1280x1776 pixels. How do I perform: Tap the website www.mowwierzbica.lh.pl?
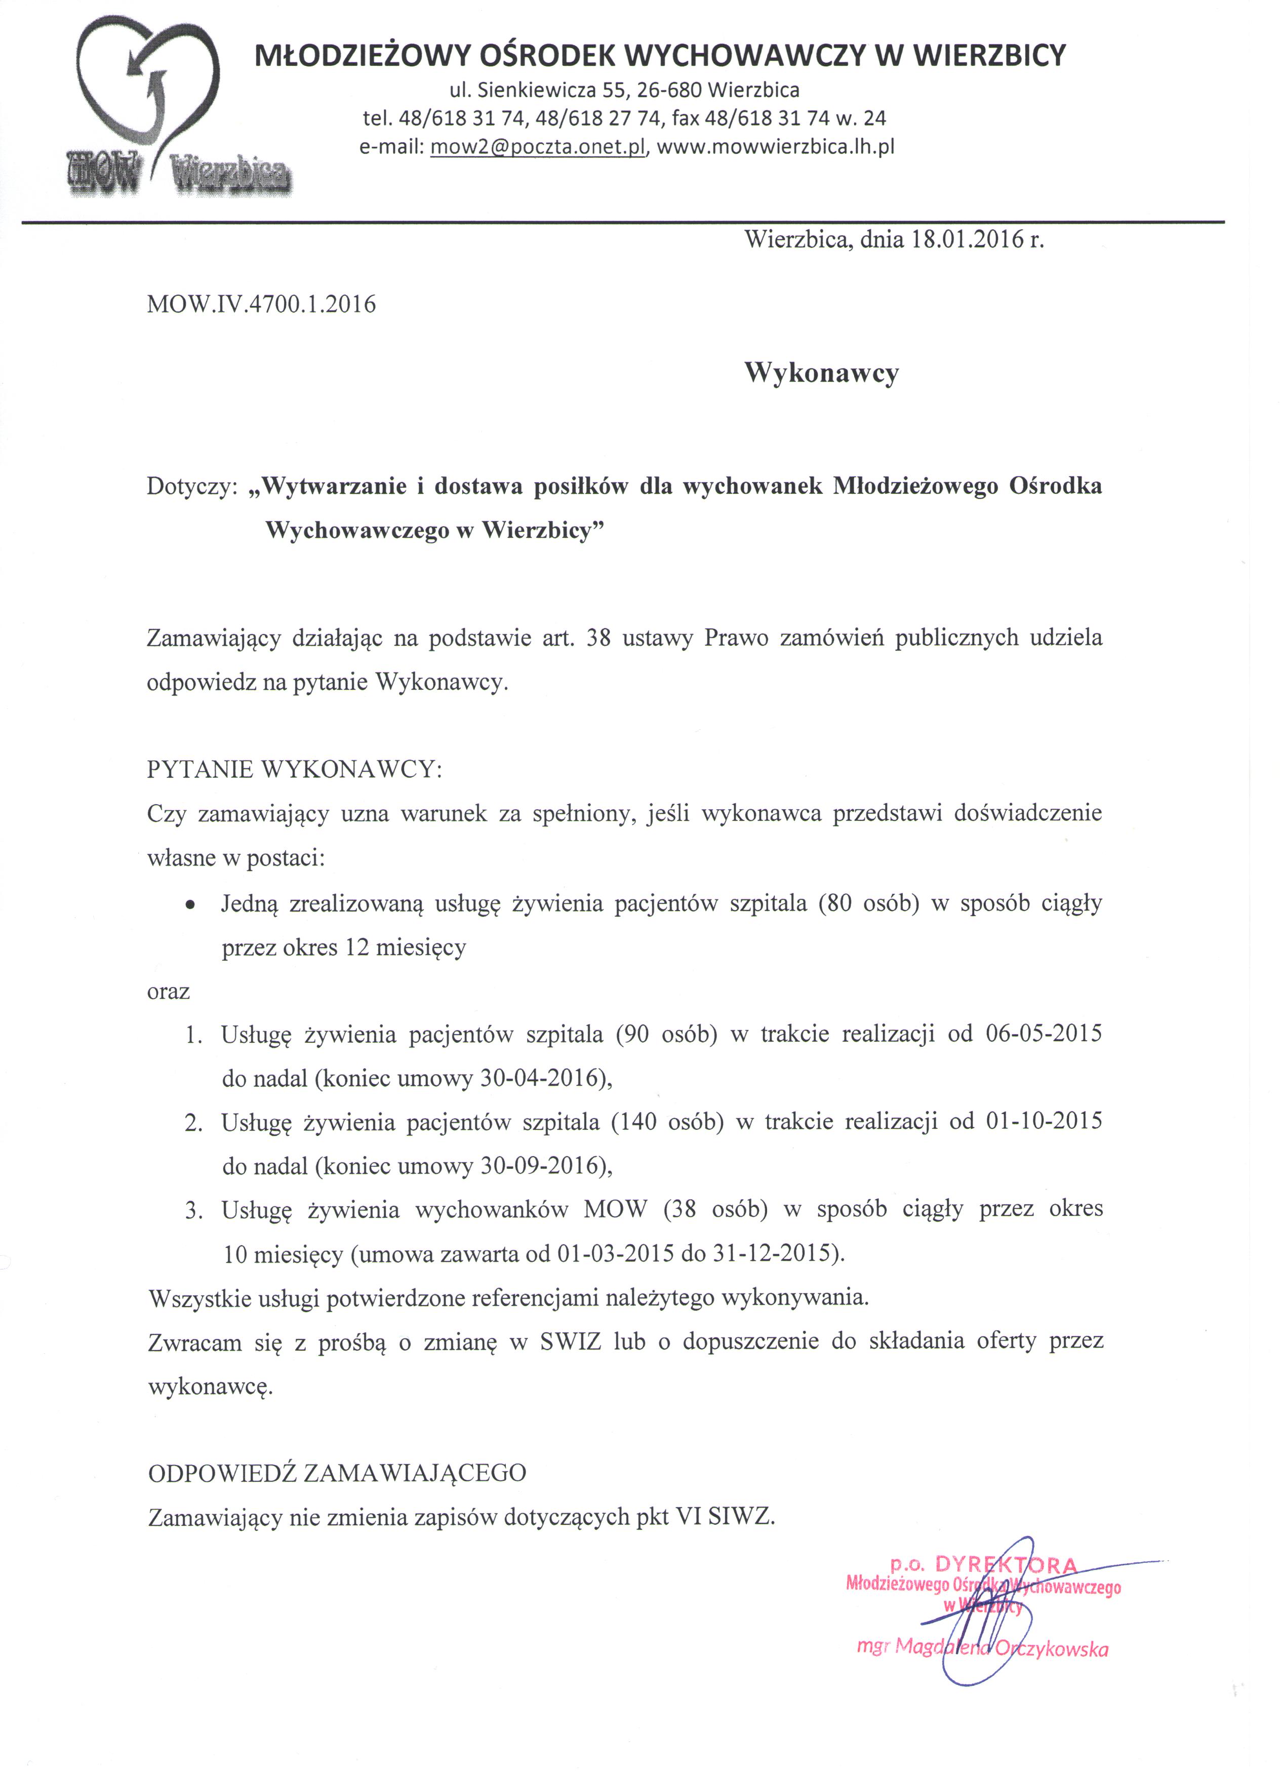point(775,146)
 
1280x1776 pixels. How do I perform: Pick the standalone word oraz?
point(168,992)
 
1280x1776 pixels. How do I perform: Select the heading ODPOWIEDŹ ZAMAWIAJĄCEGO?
point(337,1473)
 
